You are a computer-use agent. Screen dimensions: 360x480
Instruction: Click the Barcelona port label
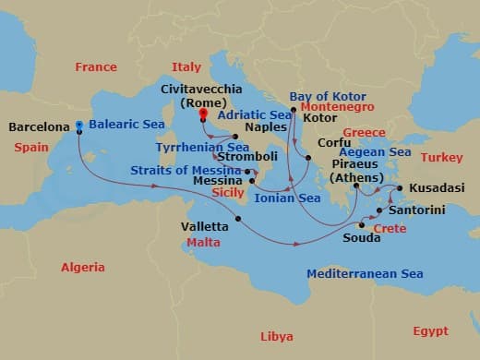tap(38, 126)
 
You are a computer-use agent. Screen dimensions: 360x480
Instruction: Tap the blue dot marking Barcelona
tap(80, 126)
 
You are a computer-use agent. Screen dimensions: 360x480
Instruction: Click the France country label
tap(96, 67)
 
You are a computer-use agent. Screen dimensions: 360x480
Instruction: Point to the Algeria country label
tap(83, 267)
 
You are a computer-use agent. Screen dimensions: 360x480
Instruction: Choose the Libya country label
tap(277, 336)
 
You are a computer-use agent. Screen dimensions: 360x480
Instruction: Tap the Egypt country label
tap(430, 331)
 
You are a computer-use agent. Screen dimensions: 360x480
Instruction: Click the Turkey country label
tap(441, 158)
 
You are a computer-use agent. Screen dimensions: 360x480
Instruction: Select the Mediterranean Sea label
tap(365, 274)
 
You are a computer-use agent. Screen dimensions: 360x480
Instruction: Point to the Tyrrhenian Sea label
tap(202, 147)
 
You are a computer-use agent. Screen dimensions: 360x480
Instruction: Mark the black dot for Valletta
tap(238, 219)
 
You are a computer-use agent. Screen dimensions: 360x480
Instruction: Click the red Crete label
tap(390, 228)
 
